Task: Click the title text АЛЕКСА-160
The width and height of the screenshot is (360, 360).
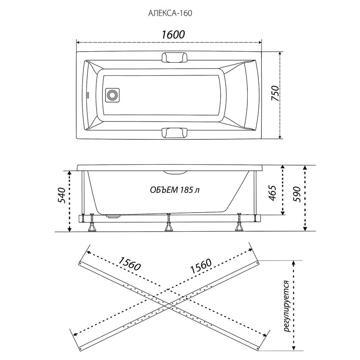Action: click(x=170, y=13)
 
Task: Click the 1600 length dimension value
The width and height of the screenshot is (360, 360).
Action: click(x=173, y=35)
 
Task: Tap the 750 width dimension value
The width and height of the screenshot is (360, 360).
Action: click(x=275, y=94)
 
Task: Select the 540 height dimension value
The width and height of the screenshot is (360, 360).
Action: click(x=61, y=195)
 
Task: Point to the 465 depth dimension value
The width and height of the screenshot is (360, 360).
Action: click(x=272, y=193)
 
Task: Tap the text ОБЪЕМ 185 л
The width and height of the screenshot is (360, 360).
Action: click(x=174, y=190)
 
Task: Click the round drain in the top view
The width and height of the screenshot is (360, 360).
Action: click(x=112, y=95)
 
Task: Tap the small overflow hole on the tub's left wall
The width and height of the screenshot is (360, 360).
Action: click(x=88, y=94)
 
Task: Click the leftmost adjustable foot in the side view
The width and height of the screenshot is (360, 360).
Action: click(x=92, y=222)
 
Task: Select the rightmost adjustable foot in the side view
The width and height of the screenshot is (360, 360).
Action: click(x=240, y=222)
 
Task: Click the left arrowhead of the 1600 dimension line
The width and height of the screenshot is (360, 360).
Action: click(x=78, y=42)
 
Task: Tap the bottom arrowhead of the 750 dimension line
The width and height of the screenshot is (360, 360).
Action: click(x=280, y=137)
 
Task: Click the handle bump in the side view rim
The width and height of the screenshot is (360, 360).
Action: click(x=175, y=172)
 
